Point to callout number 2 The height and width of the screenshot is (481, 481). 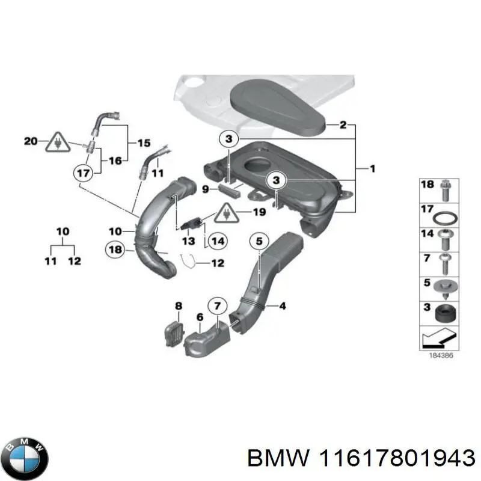[343, 126]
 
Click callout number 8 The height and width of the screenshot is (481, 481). [178, 306]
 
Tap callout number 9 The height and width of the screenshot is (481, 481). [205, 189]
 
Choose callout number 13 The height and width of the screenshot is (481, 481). [188, 240]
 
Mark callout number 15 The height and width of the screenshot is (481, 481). [144, 143]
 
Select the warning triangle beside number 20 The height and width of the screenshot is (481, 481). [57, 142]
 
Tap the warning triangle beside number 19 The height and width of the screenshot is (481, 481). [227, 212]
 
